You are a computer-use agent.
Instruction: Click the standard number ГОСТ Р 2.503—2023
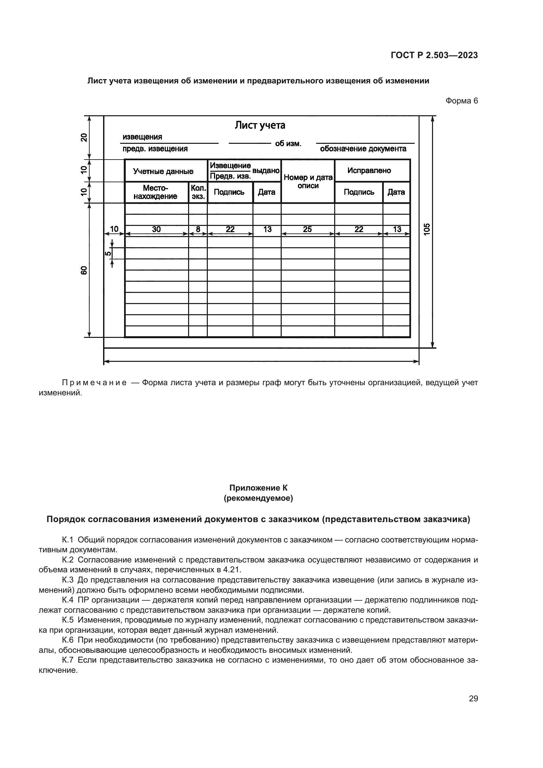(x=434, y=55)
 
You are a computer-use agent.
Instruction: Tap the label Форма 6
(x=461, y=101)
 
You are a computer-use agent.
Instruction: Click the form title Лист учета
(x=260, y=125)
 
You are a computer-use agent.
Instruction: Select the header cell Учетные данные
(x=163, y=171)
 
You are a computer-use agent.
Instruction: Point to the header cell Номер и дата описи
(x=308, y=182)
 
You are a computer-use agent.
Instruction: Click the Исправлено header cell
(x=369, y=171)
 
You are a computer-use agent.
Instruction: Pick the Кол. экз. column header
(x=198, y=192)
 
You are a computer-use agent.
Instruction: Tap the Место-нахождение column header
(x=156, y=192)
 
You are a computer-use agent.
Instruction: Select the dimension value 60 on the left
(x=84, y=270)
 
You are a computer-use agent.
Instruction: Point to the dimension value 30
(x=157, y=229)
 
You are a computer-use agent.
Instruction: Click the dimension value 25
(x=307, y=229)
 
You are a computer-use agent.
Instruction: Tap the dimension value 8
(x=198, y=229)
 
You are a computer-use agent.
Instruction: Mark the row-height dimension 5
(x=108, y=253)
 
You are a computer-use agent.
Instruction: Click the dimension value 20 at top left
(x=84, y=138)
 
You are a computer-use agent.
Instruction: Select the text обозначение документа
(x=363, y=149)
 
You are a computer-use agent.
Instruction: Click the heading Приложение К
(x=258, y=488)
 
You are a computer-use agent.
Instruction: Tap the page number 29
(x=473, y=698)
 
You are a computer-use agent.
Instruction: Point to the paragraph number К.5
(x=68, y=620)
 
